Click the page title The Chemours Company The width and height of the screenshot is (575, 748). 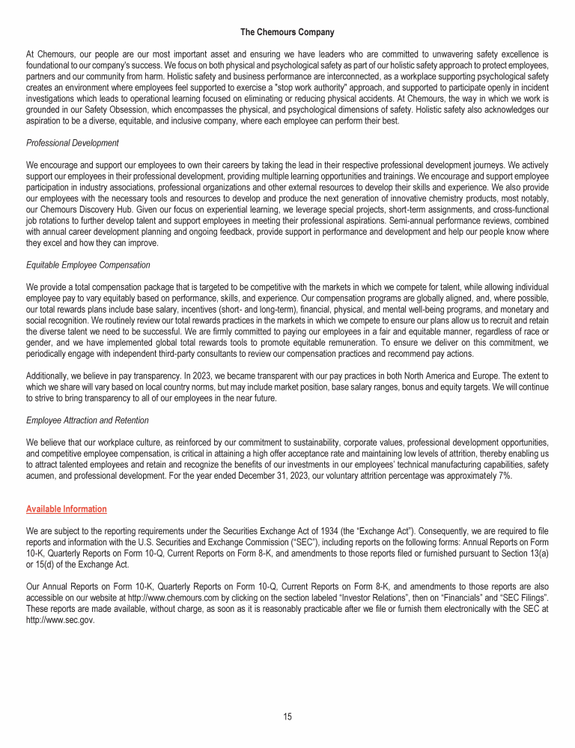[287, 32]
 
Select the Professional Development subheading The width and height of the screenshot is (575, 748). [73, 143]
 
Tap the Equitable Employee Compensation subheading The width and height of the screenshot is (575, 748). [88, 265]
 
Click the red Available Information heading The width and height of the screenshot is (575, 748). [66, 509]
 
